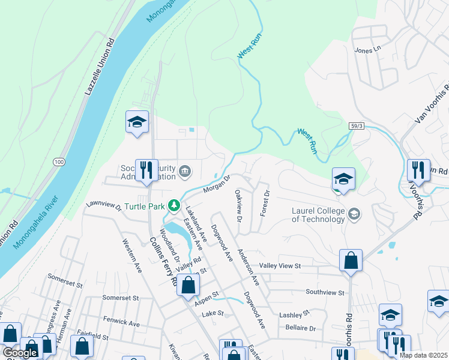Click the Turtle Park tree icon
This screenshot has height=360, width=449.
[x=174, y=206]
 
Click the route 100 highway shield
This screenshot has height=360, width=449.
[x=58, y=162]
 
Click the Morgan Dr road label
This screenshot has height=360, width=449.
[x=217, y=184]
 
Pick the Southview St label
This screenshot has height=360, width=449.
[x=325, y=293]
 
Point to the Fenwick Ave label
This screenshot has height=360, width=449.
[x=121, y=323]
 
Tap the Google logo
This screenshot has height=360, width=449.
[x=20, y=352]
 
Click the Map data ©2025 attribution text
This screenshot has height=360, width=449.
[x=423, y=355]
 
